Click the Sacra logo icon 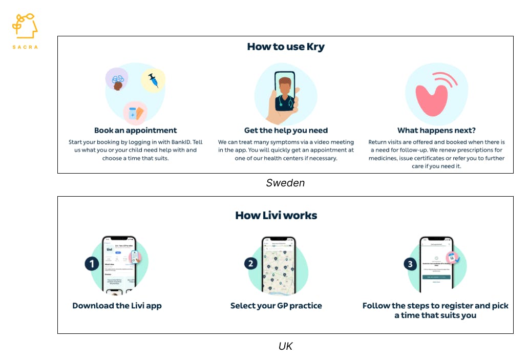pyautogui.click(x=25, y=26)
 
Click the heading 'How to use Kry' pyautogui.click(x=285, y=47)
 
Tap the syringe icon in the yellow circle pyautogui.click(x=152, y=80)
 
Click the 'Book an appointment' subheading pyautogui.click(x=135, y=130)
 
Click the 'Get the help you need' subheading pyautogui.click(x=285, y=130)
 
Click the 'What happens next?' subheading pyautogui.click(x=436, y=130)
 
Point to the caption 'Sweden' pyautogui.click(x=285, y=183)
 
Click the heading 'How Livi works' pyautogui.click(x=276, y=215)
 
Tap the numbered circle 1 pyautogui.click(x=92, y=264)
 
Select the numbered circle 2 pyautogui.click(x=250, y=264)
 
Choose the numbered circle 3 pyautogui.click(x=410, y=264)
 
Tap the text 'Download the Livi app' pyautogui.click(x=117, y=306)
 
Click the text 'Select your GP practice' pyautogui.click(x=276, y=306)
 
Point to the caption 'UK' pyautogui.click(x=285, y=346)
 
